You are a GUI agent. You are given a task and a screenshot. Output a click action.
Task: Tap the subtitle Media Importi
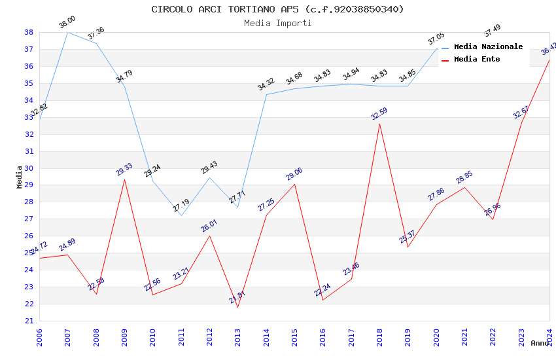(x=277, y=23)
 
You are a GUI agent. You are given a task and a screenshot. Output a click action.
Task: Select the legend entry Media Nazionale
(x=488, y=46)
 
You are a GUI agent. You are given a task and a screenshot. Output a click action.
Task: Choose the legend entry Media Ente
(x=476, y=59)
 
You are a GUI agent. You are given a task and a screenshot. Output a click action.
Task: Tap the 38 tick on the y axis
(x=29, y=32)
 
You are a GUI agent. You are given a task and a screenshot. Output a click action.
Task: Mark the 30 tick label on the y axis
(x=29, y=168)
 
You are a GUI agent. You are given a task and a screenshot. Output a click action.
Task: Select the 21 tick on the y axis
(x=29, y=321)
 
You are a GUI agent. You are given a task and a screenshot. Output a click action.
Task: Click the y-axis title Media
(x=20, y=177)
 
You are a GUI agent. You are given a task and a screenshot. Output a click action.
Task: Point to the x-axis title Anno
(x=540, y=343)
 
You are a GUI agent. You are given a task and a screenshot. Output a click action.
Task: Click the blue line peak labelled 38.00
(x=67, y=32)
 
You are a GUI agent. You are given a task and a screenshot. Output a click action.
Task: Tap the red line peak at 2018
(x=379, y=124)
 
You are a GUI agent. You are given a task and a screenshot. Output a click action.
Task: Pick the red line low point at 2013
(x=237, y=307)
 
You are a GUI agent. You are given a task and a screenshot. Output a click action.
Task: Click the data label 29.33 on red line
(x=124, y=170)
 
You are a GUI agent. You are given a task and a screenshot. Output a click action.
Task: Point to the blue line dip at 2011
(x=181, y=215)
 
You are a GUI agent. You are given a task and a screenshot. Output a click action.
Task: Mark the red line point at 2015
(x=294, y=184)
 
